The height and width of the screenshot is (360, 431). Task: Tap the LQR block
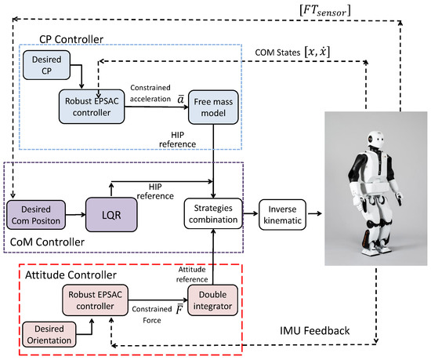[x=108, y=211]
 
